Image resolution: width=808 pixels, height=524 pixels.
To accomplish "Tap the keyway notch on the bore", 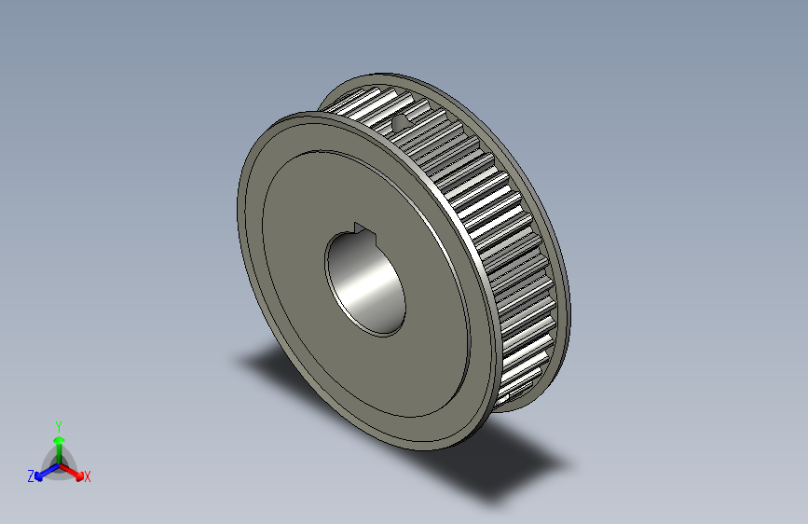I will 362,228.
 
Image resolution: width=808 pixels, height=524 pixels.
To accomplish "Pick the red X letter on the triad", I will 88,476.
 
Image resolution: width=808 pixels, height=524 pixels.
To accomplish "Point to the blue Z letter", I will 31,476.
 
